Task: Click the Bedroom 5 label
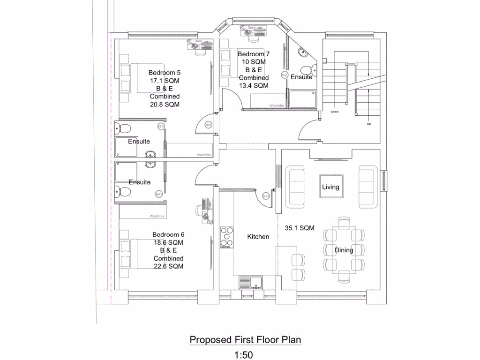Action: coord(165,73)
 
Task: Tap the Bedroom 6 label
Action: coord(168,234)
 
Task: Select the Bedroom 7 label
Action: coord(254,54)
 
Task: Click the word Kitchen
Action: coord(258,237)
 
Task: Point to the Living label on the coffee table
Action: coord(330,187)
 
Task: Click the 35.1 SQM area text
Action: coord(300,228)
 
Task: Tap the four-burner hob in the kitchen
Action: coord(227,237)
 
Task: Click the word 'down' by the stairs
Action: coord(334,112)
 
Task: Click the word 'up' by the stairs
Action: coord(368,124)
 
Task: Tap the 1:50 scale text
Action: coord(243,355)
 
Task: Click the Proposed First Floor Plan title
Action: coord(245,339)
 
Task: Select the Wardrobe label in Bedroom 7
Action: coord(276,106)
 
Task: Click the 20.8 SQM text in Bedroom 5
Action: coord(165,105)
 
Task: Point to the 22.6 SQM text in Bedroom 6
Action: coord(168,266)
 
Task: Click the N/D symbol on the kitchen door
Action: coord(266,196)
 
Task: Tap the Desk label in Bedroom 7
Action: coord(251,28)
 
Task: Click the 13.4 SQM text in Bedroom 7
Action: coord(254,85)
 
